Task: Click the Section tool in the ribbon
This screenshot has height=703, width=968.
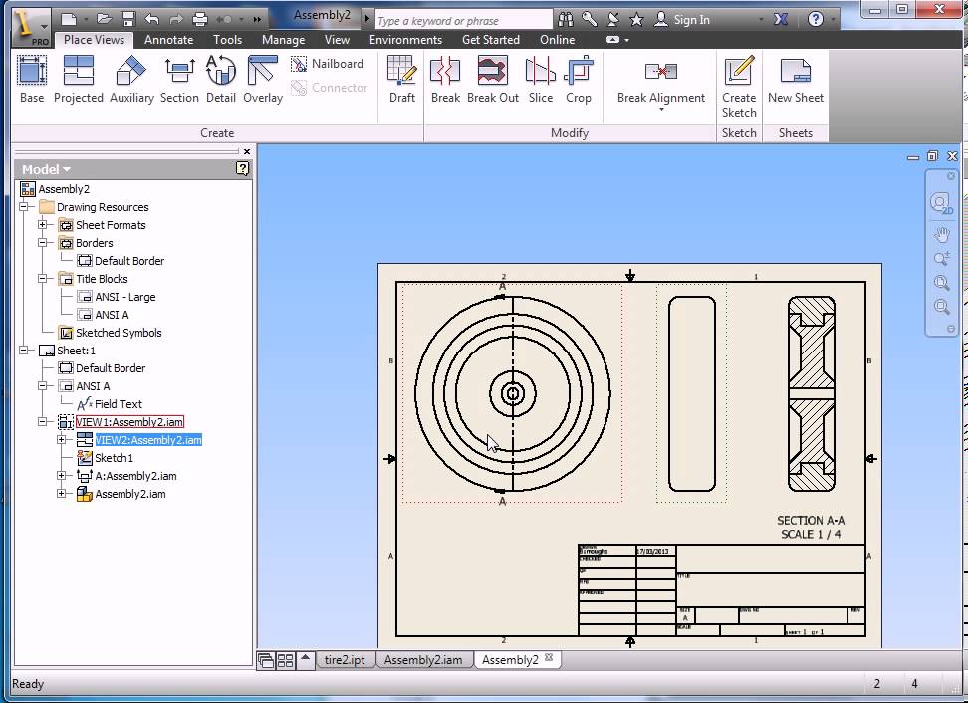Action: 179,79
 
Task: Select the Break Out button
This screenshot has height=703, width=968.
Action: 493,79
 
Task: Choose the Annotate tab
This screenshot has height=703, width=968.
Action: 168,40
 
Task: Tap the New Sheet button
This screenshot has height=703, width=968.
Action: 795,79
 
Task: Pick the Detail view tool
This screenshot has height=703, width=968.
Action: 221,79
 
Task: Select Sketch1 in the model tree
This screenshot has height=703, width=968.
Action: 114,458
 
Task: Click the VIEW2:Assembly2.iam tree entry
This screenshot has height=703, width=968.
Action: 148,440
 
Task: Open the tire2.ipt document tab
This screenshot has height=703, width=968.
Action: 345,660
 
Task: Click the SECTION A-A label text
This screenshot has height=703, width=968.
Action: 811,521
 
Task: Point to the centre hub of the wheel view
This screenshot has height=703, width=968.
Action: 513,394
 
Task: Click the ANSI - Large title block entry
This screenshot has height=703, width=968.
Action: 124,297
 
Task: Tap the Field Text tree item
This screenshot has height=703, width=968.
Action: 118,404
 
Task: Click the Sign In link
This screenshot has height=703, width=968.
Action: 691,20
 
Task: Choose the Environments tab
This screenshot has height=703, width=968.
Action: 405,40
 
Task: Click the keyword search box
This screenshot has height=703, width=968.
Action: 463,20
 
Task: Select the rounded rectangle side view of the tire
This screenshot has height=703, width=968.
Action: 691,393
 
